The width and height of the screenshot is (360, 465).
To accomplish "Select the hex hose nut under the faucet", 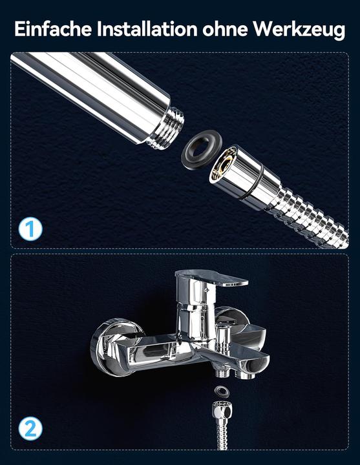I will pos(222,409).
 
